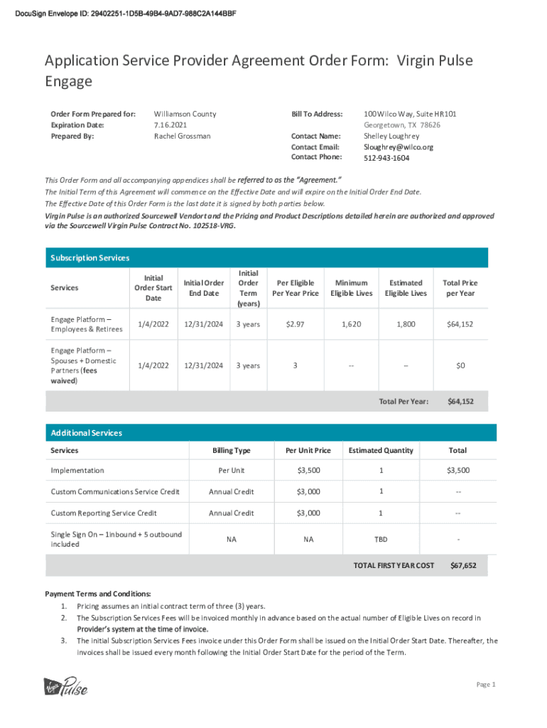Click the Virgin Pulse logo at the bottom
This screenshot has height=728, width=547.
click(66, 687)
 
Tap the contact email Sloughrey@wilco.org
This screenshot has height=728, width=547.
click(398, 147)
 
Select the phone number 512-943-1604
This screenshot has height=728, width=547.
click(386, 158)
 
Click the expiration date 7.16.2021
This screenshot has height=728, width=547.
click(169, 124)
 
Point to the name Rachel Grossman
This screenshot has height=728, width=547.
click(182, 136)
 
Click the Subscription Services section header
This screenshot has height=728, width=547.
click(90, 258)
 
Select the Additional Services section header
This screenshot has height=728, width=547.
click(87, 433)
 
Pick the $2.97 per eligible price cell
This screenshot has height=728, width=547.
click(295, 324)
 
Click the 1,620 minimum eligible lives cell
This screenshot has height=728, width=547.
click(350, 324)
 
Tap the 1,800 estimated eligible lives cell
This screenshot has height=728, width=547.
click(406, 324)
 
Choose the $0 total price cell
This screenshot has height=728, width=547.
click(460, 365)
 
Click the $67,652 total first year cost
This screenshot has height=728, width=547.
click(463, 566)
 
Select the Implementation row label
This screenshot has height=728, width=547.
click(77, 471)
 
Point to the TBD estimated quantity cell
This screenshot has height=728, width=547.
click(381, 540)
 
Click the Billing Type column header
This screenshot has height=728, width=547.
click(232, 451)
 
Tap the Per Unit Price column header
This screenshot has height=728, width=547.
click(308, 451)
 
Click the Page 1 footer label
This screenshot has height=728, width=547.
click(485, 685)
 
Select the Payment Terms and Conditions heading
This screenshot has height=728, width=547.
click(98, 594)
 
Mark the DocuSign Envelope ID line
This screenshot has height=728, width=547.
click(126, 14)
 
